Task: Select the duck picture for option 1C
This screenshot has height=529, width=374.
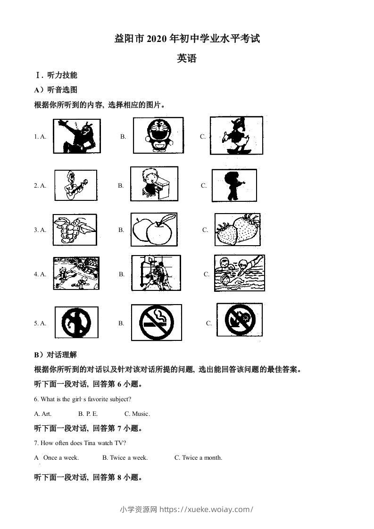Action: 236,135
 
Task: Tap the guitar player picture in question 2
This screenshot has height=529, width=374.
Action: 75,185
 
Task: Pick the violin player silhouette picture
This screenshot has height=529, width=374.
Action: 234,185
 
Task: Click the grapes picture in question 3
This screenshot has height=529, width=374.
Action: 75,230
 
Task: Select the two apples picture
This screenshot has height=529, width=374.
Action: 154,229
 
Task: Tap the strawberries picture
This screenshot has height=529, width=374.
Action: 237,230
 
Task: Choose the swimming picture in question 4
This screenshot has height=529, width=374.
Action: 239,273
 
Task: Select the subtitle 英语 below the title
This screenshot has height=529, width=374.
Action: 187,58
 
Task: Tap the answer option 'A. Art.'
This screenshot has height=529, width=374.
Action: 43,413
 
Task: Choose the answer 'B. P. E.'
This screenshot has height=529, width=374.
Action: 88,413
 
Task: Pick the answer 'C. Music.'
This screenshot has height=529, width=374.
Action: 137,413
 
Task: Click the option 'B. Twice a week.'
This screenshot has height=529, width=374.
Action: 125,457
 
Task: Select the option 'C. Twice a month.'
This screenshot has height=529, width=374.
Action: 198,457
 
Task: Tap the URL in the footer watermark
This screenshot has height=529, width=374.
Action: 207,509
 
